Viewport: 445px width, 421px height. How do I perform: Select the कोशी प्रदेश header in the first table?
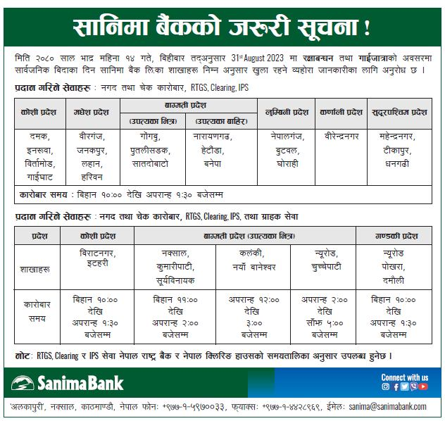[39, 112]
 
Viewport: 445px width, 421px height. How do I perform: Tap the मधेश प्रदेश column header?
[92, 112]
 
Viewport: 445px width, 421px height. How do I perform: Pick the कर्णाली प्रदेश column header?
[341, 112]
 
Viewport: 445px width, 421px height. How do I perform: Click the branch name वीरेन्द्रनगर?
[341, 134]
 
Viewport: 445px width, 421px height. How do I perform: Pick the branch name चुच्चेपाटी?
[325, 267]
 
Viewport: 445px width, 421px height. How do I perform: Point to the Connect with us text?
[404, 377]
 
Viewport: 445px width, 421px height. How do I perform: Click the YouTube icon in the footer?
[424, 387]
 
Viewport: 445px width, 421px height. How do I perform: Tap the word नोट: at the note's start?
[25, 356]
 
